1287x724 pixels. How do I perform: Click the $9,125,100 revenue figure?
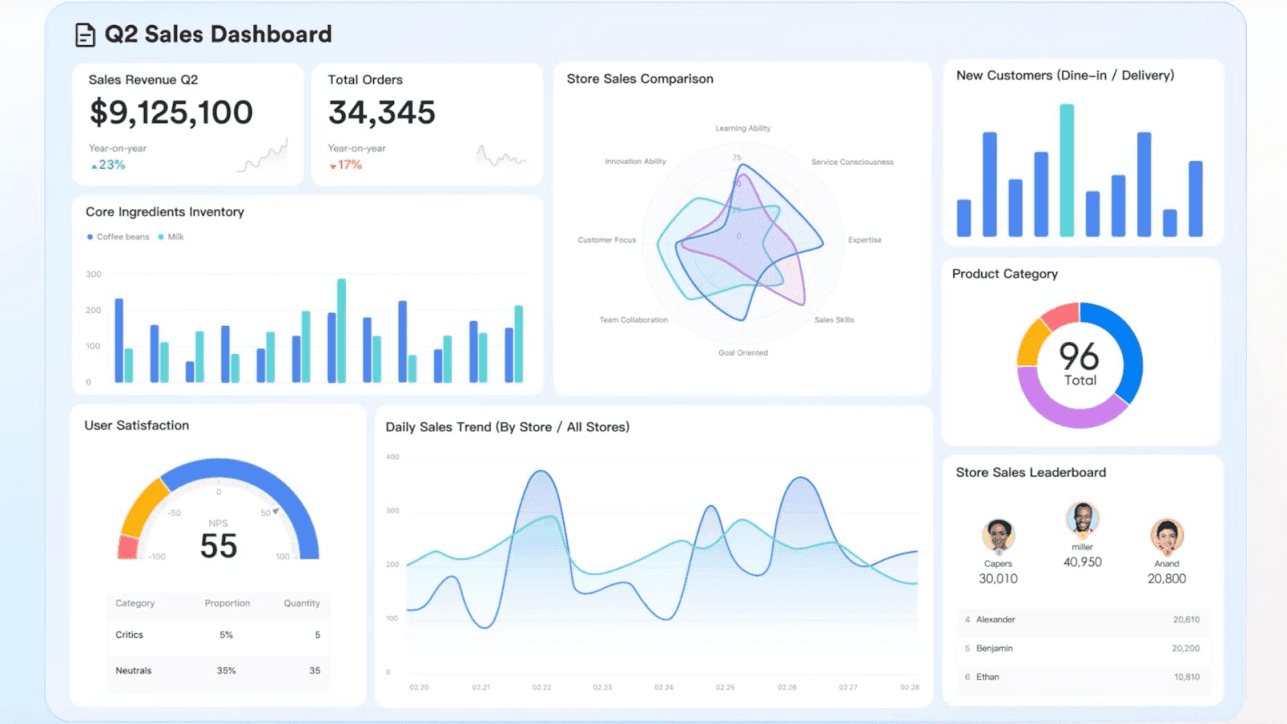(171, 113)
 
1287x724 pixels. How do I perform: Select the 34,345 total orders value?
(381, 113)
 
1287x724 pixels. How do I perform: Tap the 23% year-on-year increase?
(109, 165)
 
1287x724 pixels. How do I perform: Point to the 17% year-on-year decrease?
(347, 165)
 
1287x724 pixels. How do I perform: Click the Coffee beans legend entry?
(118, 237)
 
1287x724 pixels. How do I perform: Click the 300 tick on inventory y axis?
(93, 274)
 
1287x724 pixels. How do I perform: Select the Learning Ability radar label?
(742, 129)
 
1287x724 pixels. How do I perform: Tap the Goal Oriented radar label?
(742, 353)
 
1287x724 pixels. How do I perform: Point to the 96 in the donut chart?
(1079, 356)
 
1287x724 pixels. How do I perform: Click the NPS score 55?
(218, 547)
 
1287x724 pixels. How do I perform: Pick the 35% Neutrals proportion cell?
(226, 671)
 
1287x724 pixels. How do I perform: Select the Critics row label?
(129, 635)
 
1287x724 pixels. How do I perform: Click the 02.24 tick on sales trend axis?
(664, 688)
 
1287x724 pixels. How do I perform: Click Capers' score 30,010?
(997, 579)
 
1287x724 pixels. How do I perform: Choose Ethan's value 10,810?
(1186, 677)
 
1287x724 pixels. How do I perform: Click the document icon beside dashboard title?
(84, 35)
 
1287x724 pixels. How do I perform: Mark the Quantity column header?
(302, 603)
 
